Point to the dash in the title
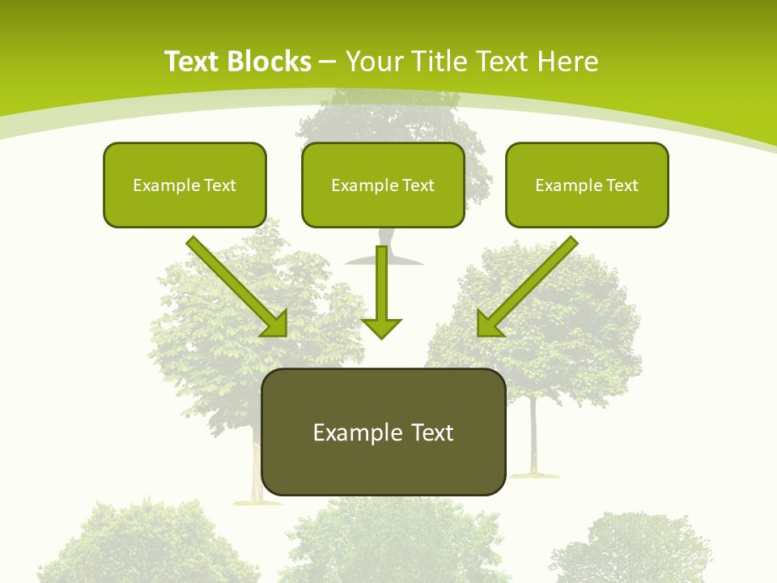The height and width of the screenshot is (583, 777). [x=328, y=62]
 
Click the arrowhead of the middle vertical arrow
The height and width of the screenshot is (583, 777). [x=381, y=327]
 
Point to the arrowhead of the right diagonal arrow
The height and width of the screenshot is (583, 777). [x=489, y=324]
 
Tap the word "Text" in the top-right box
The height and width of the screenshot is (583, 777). [x=622, y=185]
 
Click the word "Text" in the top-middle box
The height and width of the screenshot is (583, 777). [x=418, y=185]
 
